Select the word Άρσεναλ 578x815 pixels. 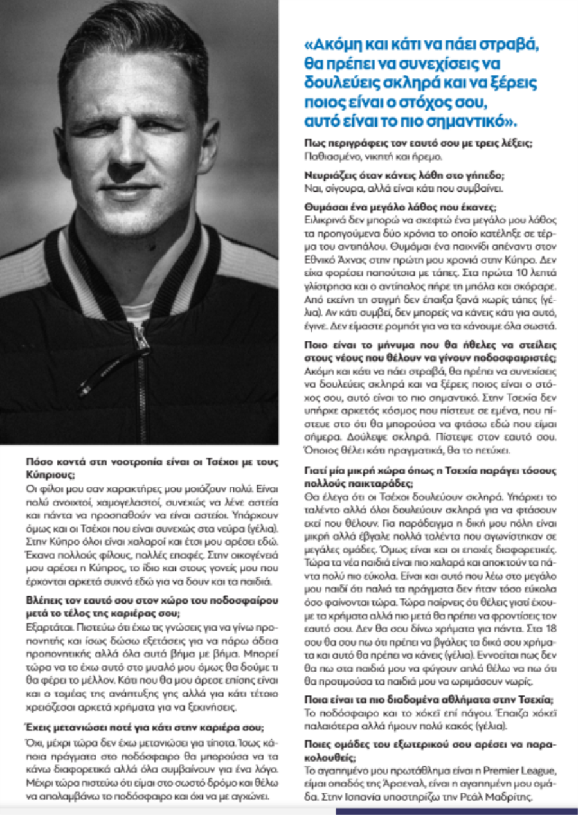point(402,784)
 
